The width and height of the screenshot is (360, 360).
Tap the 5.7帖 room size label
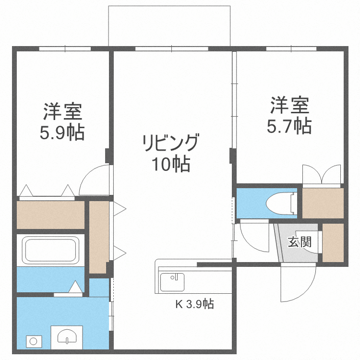tap(289, 126)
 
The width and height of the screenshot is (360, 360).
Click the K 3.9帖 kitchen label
tap(193, 303)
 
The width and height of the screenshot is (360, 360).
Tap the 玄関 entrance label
tap(300, 242)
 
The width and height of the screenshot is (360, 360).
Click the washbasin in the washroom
tap(67, 336)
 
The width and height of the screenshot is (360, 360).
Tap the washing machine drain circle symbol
tap(34, 341)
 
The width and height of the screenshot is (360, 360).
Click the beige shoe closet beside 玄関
tap(333, 242)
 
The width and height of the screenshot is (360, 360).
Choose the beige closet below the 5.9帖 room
tap(50, 215)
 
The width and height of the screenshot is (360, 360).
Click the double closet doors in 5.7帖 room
tap(322, 175)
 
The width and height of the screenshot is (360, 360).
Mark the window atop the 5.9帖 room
tap(65, 48)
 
